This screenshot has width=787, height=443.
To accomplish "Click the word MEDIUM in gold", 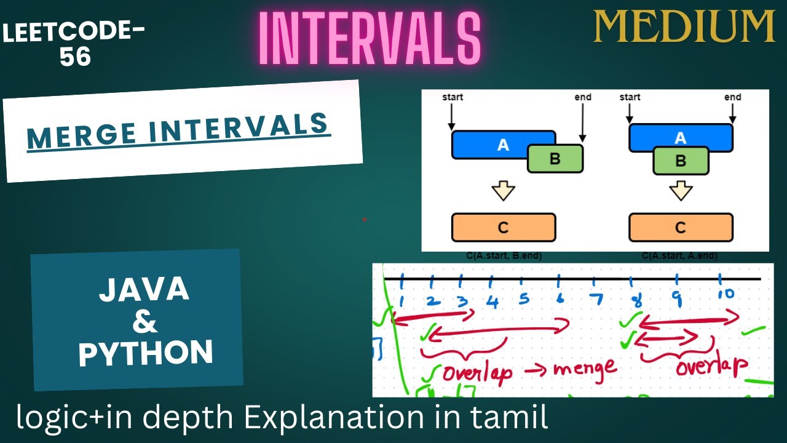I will click(684, 26).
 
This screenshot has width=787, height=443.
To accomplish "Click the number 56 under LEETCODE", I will click(75, 57).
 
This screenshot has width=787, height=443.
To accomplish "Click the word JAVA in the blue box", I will click(144, 289).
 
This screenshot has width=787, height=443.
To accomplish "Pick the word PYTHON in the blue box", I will click(146, 353).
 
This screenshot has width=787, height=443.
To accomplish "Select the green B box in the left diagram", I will click(555, 159).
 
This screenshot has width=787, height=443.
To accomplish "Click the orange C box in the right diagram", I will click(680, 228).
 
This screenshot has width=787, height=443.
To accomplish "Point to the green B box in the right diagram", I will click(680, 161).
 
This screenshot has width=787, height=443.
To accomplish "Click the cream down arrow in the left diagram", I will click(503, 191).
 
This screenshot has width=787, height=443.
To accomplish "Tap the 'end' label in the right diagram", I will click(732, 97).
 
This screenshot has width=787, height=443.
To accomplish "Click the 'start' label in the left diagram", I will click(453, 97).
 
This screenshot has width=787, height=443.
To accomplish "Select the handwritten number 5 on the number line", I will click(524, 300).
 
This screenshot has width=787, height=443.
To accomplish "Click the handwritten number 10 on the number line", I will click(725, 293).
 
